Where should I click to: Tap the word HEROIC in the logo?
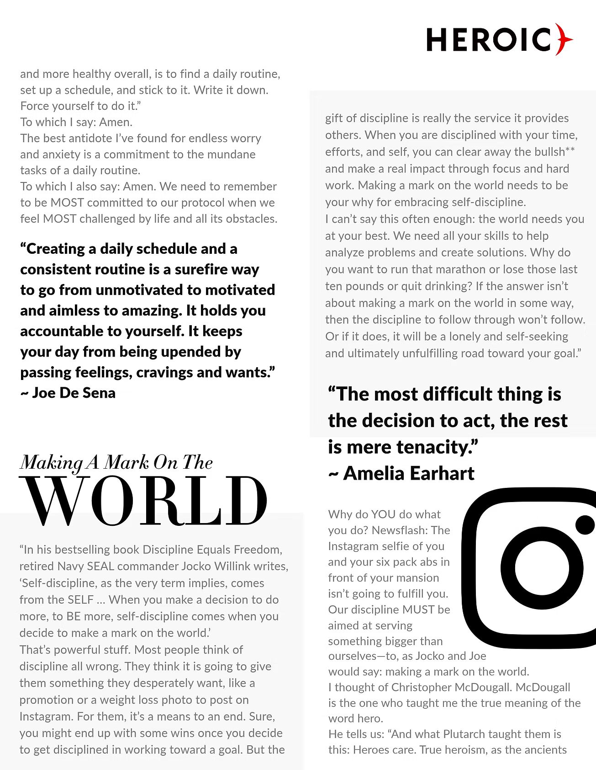point(489,40)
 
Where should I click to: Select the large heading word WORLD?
point(143,501)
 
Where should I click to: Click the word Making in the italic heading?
point(52,463)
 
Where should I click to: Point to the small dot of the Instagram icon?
point(585,525)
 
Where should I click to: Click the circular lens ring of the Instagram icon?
point(536,568)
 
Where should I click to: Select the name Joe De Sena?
point(74,393)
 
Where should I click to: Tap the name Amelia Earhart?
point(409,473)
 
